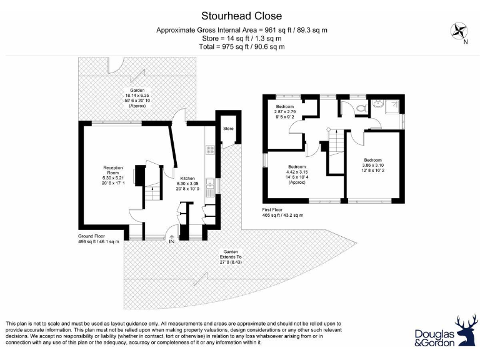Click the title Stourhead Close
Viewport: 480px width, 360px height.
[x=241, y=16]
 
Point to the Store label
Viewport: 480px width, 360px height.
[x=228, y=129]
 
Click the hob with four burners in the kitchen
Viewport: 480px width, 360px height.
[x=211, y=149]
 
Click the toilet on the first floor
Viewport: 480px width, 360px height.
[x=360, y=107]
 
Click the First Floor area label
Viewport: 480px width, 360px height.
[x=282, y=212]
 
